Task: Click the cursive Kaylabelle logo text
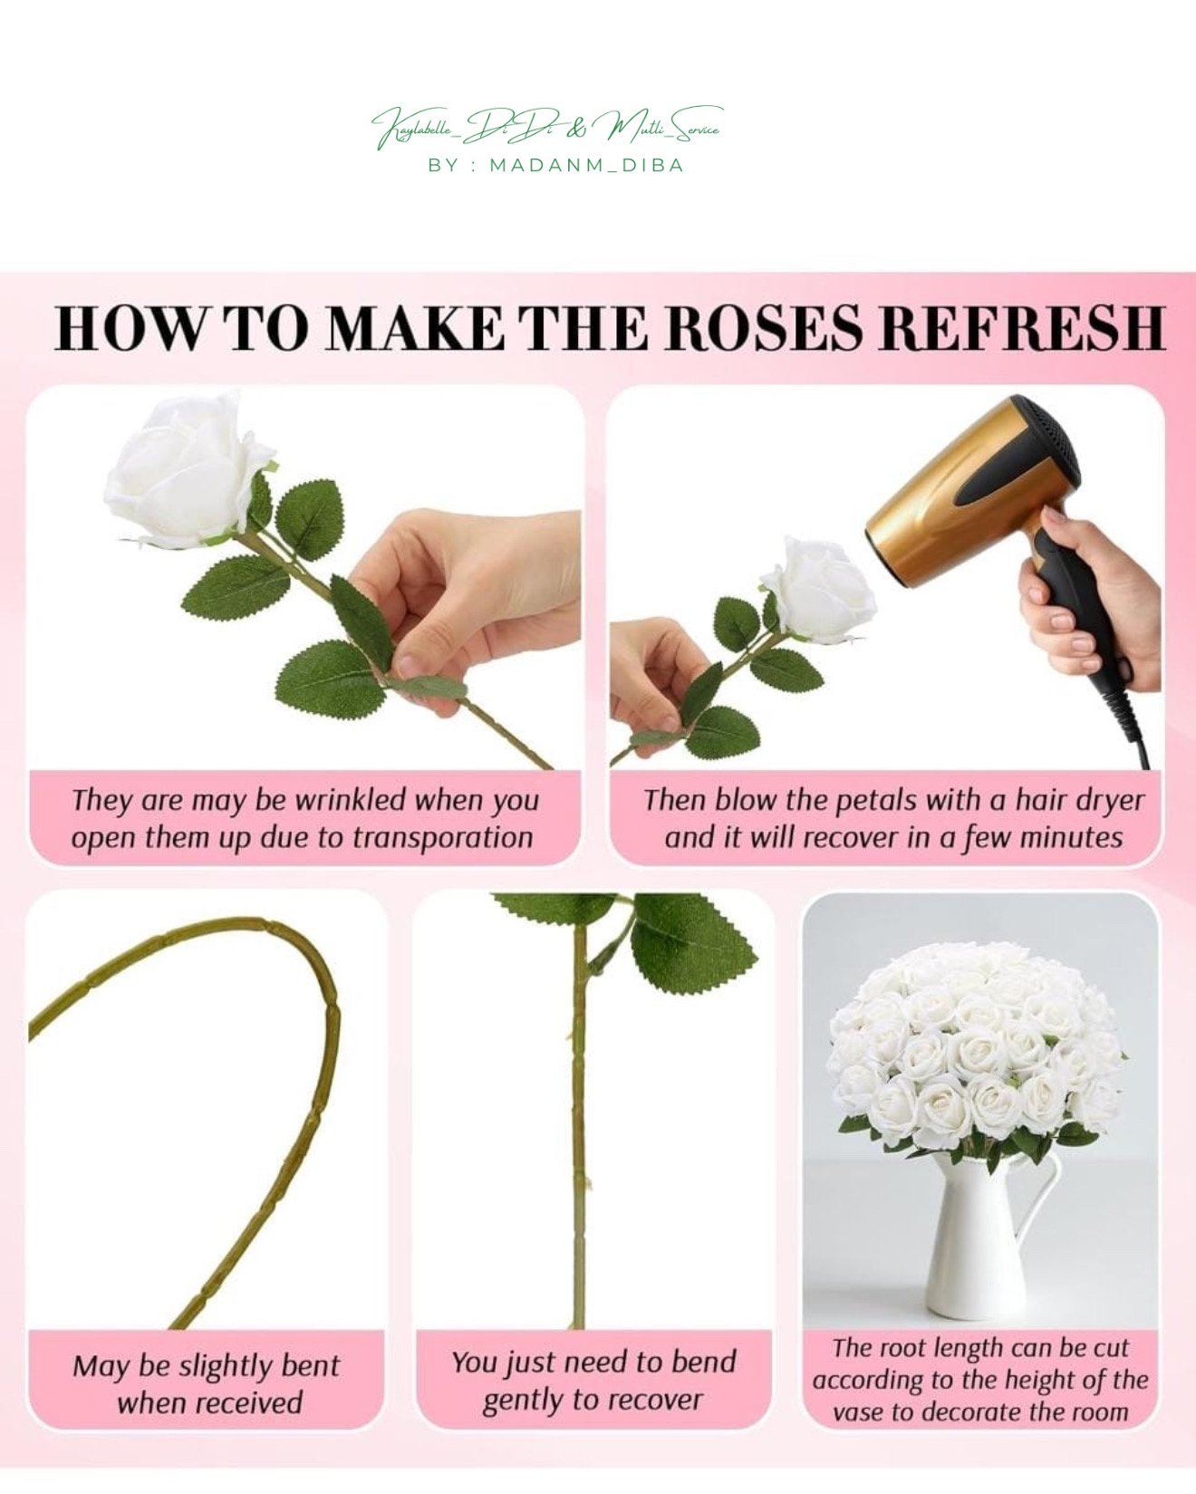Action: point(546,128)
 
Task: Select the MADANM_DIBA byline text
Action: point(586,166)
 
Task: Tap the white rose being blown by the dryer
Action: point(819,590)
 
